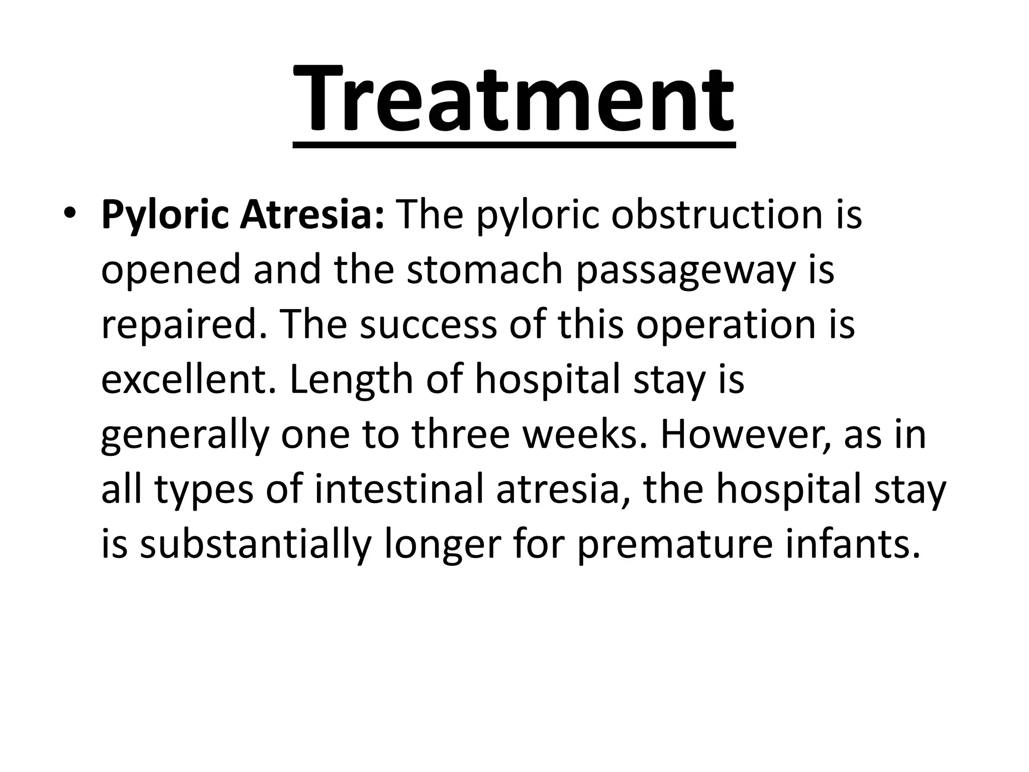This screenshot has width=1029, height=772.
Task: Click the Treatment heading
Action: tap(513, 101)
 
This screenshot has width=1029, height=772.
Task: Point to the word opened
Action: tap(171, 270)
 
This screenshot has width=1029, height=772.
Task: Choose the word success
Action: tap(428, 325)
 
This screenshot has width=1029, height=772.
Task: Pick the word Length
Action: tap(352, 380)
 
